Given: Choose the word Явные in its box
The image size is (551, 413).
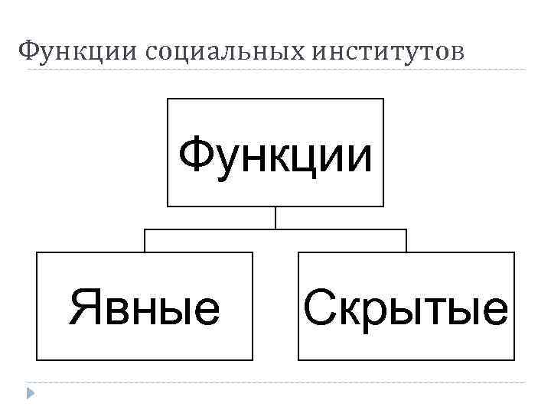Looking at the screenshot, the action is [x=145, y=307].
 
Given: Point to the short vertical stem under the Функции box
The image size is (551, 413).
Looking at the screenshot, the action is [x=275, y=218].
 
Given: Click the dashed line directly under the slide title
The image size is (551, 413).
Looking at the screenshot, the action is [x=275, y=70].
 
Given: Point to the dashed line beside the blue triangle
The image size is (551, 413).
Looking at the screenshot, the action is [x=275, y=382].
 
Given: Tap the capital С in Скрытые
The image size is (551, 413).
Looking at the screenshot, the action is [x=318, y=307].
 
